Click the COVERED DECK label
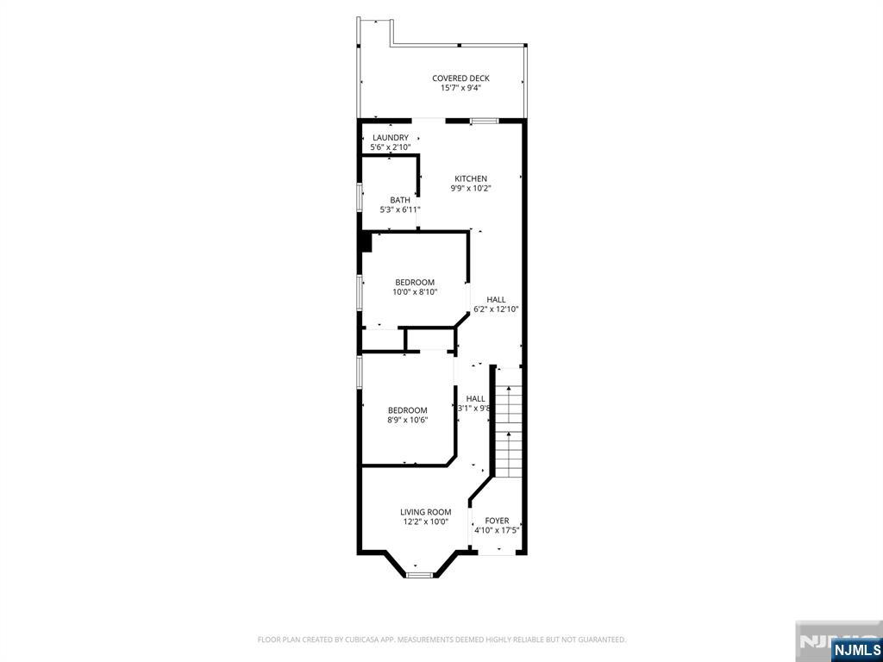pos(460,78)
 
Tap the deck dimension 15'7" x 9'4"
pos(460,87)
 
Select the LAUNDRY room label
pos(391,138)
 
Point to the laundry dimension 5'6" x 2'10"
pos(390,147)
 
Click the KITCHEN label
pos(471,178)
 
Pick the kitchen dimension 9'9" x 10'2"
pos(471,188)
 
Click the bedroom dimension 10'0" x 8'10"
pos(415,292)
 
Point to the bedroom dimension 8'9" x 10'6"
pos(408,420)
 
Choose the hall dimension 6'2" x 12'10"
pos(496,309)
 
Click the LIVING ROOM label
pos(425,512)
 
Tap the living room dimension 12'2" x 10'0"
pos(425,521)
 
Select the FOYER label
pos(497,521)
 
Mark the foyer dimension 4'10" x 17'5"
pos(497,530)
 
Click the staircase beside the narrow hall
pos(510,422)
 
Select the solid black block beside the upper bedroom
pos(366,242)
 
